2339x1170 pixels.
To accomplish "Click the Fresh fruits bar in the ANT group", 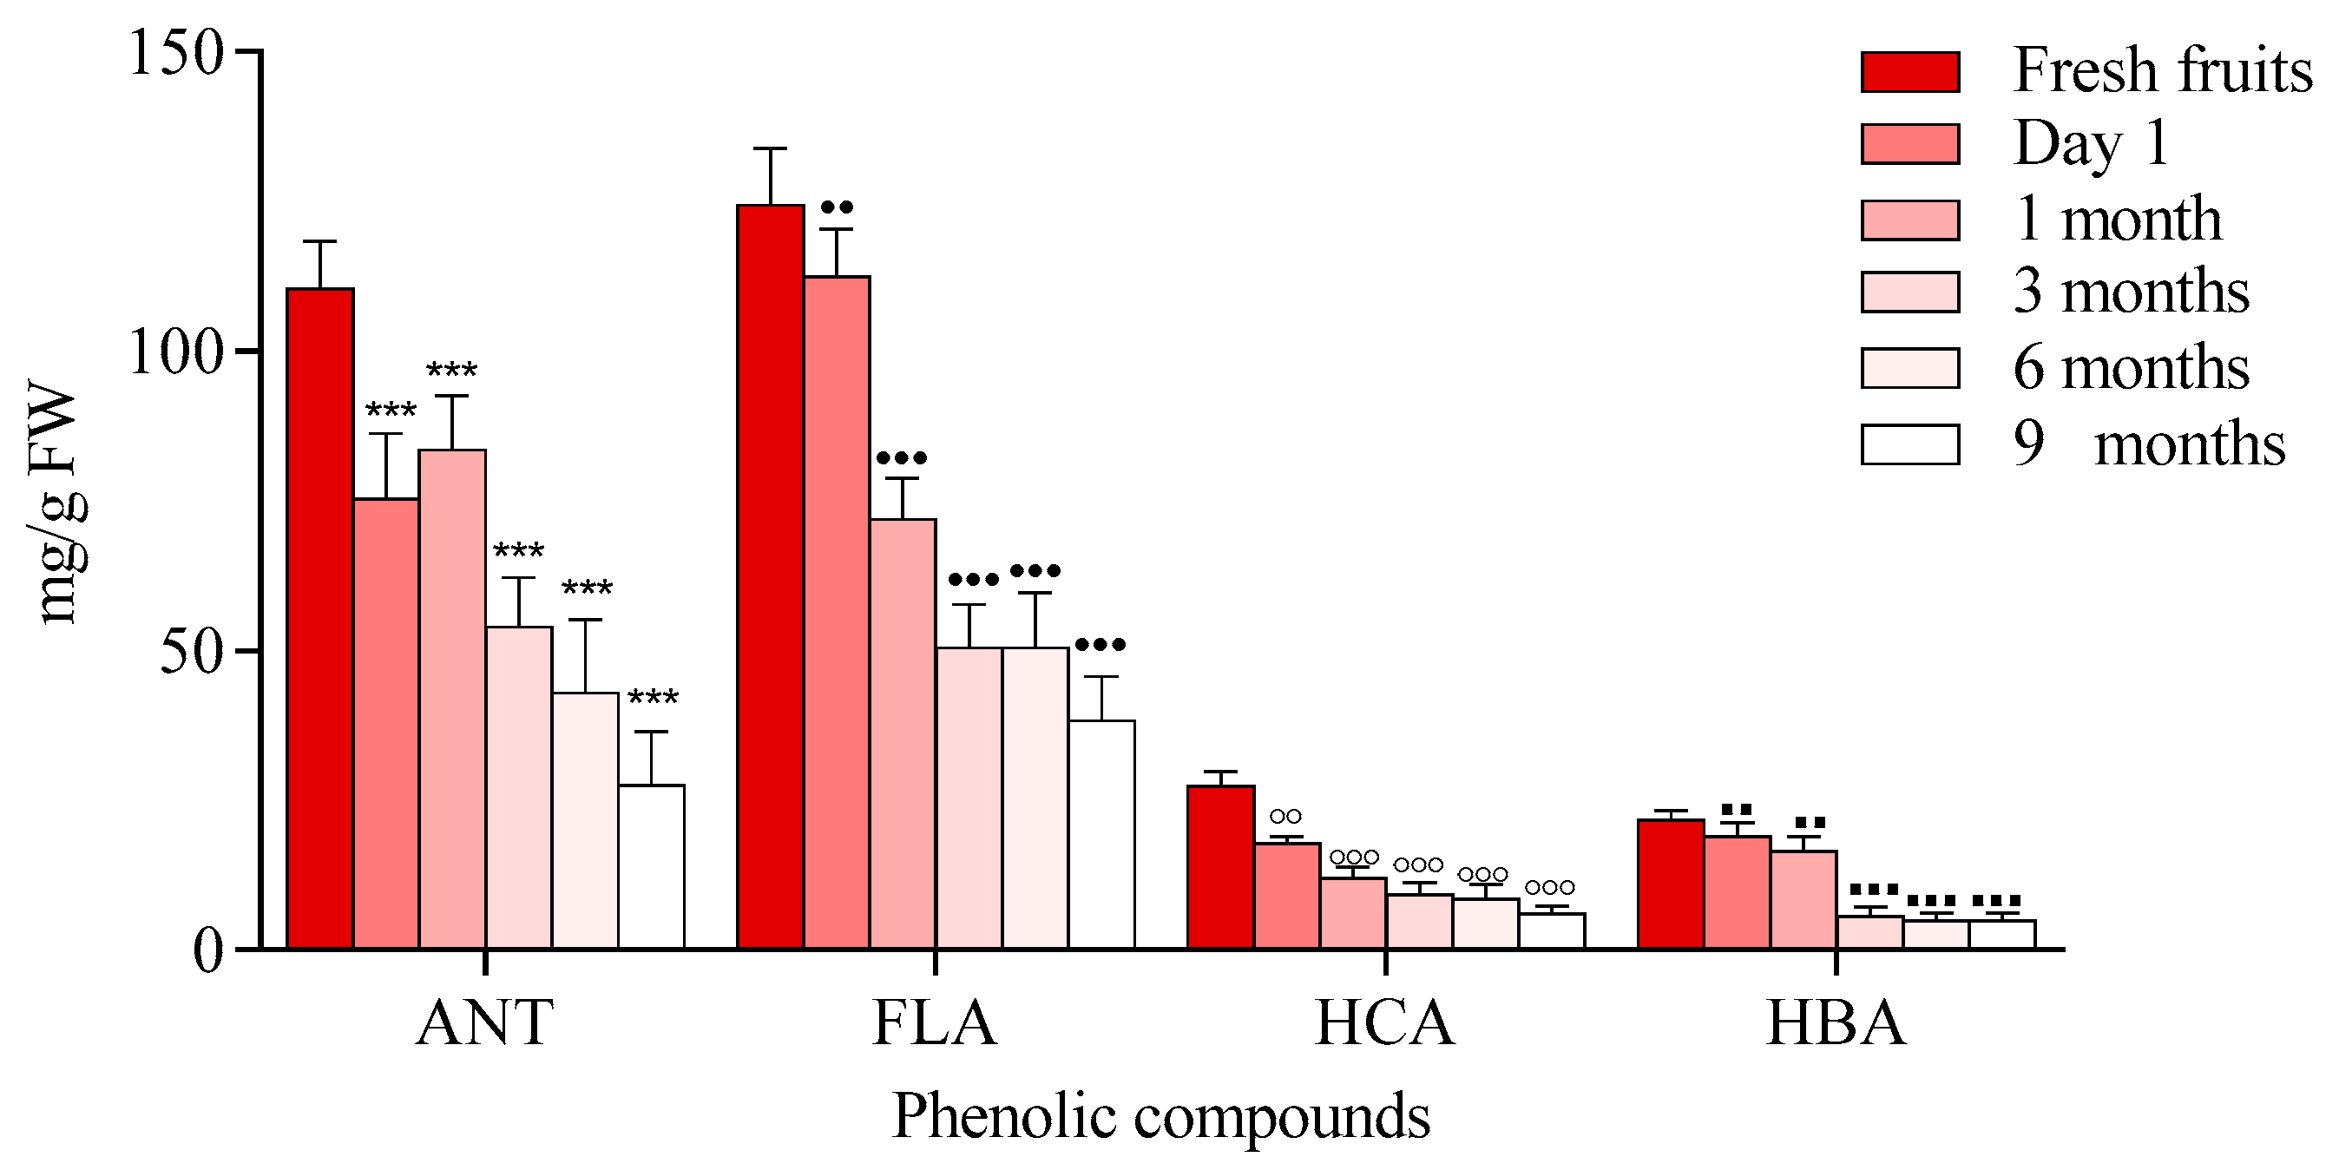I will click(319, 618).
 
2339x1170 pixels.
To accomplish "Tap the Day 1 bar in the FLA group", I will click(837, 612).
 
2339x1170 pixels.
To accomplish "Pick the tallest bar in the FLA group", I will click(770, 577).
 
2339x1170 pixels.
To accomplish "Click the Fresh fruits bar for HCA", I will click(1220, 866).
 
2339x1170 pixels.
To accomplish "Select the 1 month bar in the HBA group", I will click(1804, 899).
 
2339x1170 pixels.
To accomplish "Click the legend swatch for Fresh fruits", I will click(1909, 72).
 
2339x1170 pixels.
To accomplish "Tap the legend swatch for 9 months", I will click(1909, 444).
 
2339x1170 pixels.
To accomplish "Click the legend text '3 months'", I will click(2130, 292).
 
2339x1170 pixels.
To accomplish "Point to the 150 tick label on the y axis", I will click(175, 53).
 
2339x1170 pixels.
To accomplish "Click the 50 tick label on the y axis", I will click(192, 651).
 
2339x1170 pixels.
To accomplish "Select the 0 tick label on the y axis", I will click(208, 951).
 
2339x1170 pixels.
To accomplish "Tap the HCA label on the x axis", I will click(1384, 1022).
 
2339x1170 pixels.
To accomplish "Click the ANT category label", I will click(485, 1022).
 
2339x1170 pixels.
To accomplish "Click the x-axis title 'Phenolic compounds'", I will click(1160, 1115).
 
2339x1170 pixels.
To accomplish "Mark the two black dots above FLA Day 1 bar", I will click(837, 207).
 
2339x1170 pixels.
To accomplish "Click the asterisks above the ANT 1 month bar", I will click(451, 371).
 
